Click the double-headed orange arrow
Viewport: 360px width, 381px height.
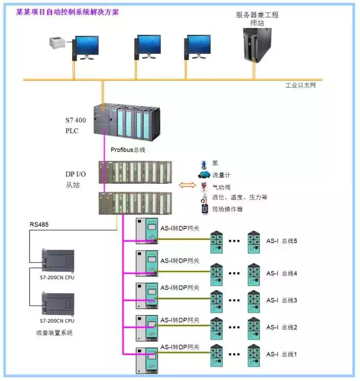[187, 185]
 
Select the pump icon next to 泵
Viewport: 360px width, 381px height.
[204, 165]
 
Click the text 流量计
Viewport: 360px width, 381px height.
[220, 175]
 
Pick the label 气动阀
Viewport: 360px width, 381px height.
[220, 187]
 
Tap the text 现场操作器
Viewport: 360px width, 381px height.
[227, 208]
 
